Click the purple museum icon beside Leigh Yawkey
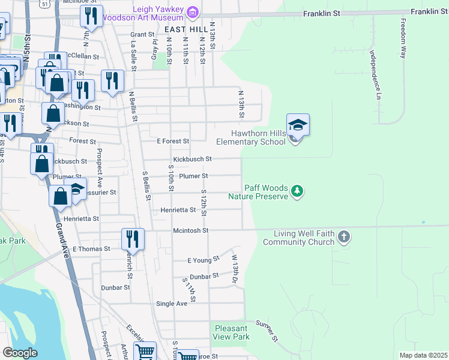tap(193, 12)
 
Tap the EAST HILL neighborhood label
tap(184, 29)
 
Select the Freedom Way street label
tap(402, 38)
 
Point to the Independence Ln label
tap(375, 74)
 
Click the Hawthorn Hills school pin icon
tap(298, 127)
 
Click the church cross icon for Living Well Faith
tap(343, 236)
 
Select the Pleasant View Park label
tap(231, 332)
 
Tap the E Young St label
tap(201, 260)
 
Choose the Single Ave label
tap(172, 304)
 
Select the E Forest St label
tap(173, 141)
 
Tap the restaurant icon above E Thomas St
tap(131, 238)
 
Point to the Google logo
tap(19, 353)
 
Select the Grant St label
tap(143, 34)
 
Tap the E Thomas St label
tap(91, 248)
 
